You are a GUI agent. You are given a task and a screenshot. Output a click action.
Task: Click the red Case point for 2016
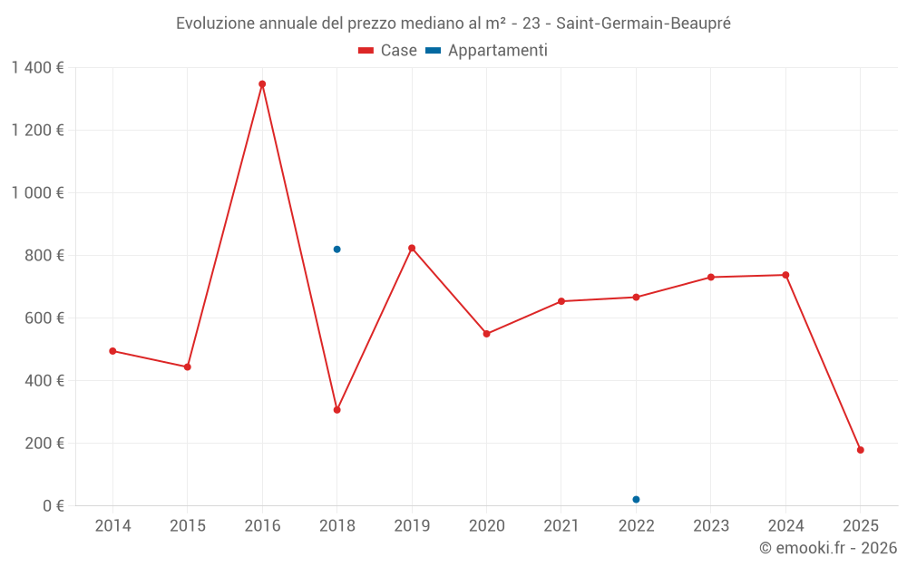point(262,84)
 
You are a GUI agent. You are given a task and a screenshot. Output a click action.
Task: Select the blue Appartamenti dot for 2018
point(336,249)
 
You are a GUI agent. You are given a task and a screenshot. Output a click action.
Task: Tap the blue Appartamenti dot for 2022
point(636,500)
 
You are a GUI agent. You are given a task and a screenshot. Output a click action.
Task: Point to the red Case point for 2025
point(860,450)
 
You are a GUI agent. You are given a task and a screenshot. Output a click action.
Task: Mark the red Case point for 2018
point(336,410)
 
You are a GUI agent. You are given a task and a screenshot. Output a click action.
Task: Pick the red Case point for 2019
point(412,248)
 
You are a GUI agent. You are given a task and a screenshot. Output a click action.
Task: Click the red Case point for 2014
point(112,351)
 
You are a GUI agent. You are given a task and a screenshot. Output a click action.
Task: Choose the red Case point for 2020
point(486,334)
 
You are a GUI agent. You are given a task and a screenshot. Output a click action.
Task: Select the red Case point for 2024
point(785,275)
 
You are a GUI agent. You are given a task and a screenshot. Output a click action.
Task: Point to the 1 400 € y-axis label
point(37,67)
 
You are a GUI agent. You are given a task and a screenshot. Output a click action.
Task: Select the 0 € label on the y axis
point(54,505)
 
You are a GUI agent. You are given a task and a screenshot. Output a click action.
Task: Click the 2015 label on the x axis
point(188,526)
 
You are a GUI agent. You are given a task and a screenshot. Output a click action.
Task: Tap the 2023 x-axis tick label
point(710,526)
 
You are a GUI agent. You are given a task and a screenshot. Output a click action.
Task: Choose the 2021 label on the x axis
point(561,526)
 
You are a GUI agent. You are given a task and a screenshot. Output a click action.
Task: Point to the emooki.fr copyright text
point(827,548)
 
